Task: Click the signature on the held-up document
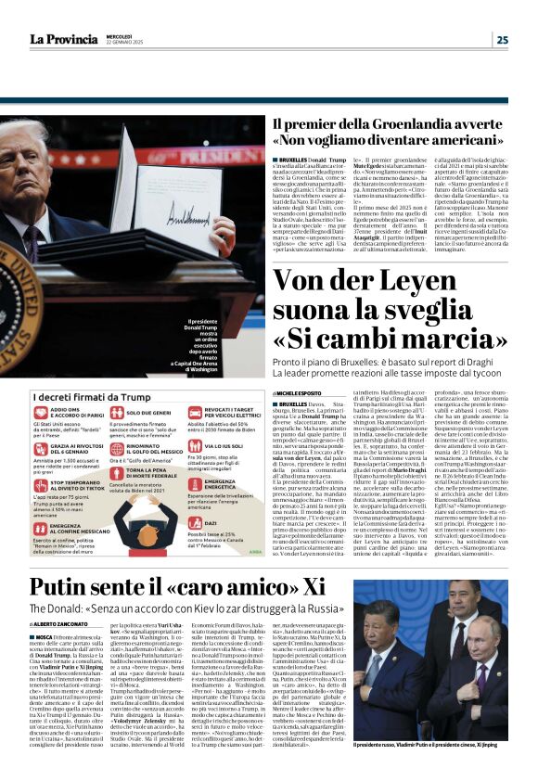pos(175,219)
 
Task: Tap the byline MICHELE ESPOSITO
pos(299,393)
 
